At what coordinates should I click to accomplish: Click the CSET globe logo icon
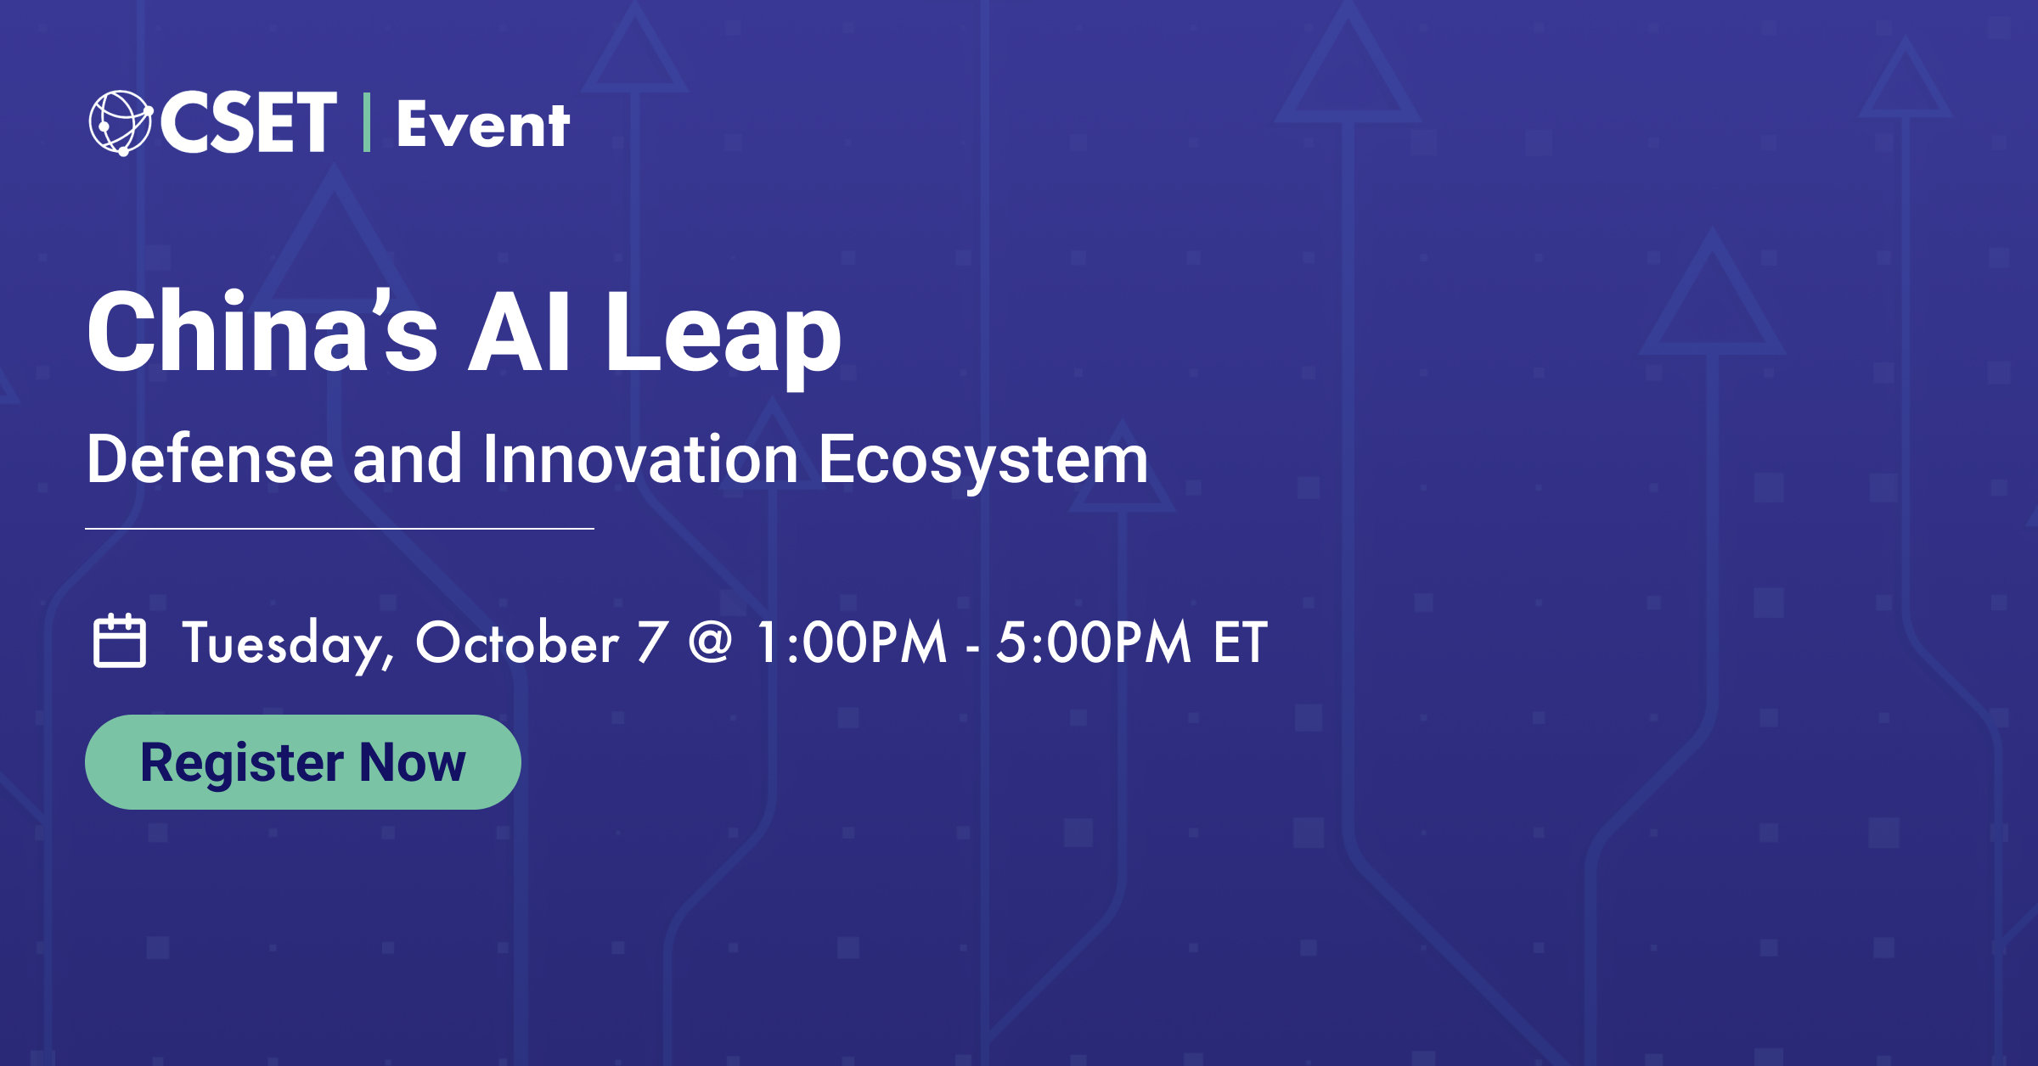coord(120,123)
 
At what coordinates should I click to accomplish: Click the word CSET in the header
coord(248,123)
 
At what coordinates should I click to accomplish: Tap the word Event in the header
coord(482,126)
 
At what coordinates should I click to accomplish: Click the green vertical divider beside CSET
coord(366,123)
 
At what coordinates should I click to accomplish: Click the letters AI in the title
coord(519,333)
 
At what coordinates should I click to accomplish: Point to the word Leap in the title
coord(722,335)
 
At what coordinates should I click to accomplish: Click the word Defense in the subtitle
coord(210,460)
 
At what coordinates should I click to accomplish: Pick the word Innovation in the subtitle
coord(640,460)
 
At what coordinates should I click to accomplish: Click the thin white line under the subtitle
coord(340,529)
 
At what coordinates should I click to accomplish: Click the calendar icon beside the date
coord(119,642)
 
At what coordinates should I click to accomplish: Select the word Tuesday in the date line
coord(287,643)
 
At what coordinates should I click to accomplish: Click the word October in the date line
coord(516,643)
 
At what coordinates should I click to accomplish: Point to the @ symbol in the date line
coord(710,642)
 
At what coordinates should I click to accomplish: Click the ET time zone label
coord(1240,642)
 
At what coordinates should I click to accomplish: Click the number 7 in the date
coord(651,642)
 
